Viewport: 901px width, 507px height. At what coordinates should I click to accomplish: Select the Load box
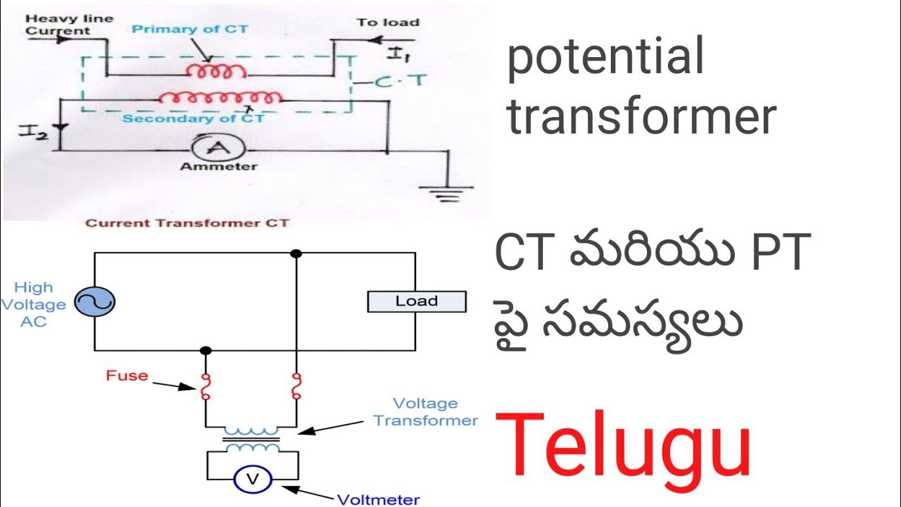click(416, 301)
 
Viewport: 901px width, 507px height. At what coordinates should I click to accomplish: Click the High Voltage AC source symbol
click(94, 303)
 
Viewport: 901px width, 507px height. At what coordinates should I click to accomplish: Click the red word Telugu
click(624, 446)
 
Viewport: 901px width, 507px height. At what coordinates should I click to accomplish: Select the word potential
click(605, 58)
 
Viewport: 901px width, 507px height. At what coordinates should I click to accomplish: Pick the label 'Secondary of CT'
click(194, 118)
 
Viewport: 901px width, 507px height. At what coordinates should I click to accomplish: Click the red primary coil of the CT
click(216, 72)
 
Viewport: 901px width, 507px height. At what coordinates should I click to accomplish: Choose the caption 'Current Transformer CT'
click(187, 223)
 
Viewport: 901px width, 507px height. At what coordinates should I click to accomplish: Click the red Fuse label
click(127, 375)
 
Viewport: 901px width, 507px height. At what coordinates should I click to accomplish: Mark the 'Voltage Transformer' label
click(425, 412)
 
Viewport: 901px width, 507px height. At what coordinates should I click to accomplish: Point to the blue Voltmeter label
click(379, 500)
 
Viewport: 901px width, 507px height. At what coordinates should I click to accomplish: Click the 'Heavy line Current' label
click(59, 25)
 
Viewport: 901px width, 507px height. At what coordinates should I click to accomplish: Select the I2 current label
click(34, 131)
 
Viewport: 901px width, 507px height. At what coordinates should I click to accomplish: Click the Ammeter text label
click(208, 167)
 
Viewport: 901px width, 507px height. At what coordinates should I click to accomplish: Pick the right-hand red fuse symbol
click(296, 386)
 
